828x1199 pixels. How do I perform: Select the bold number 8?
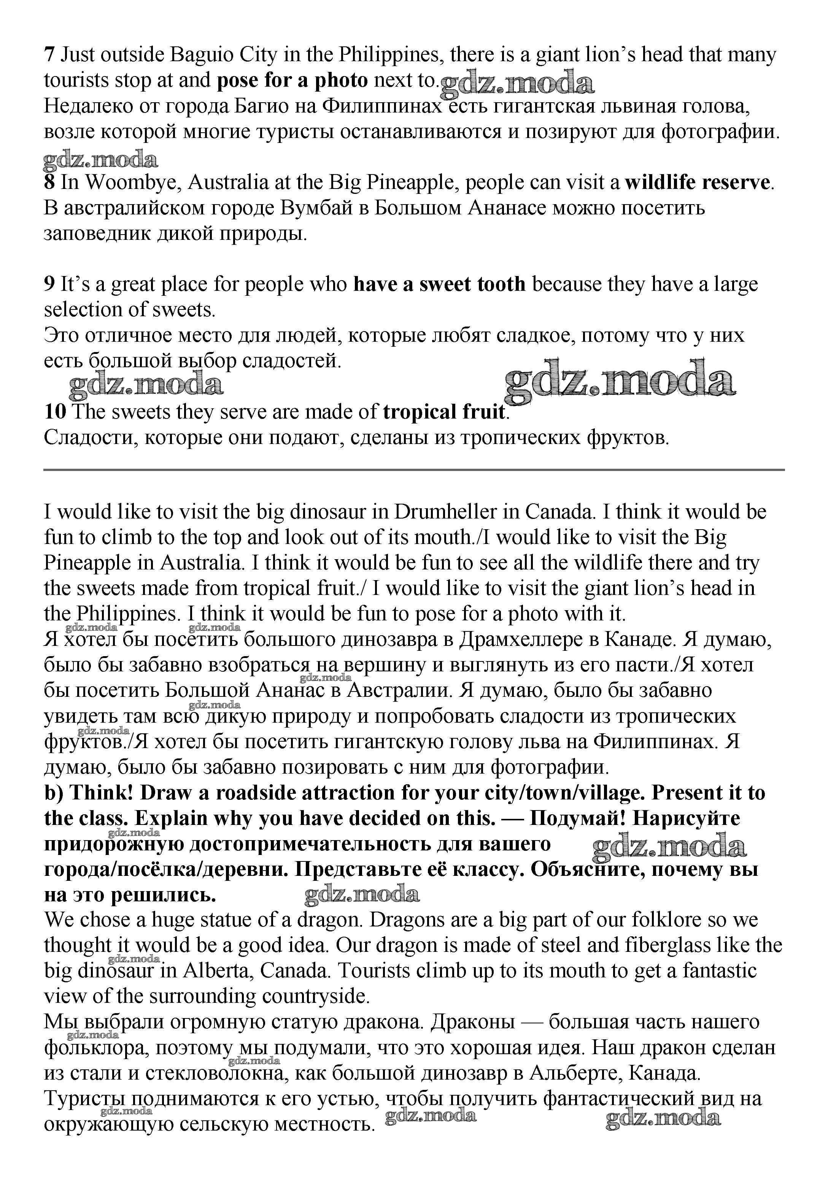point(49,182)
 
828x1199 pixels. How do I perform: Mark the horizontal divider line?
point(413,470)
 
